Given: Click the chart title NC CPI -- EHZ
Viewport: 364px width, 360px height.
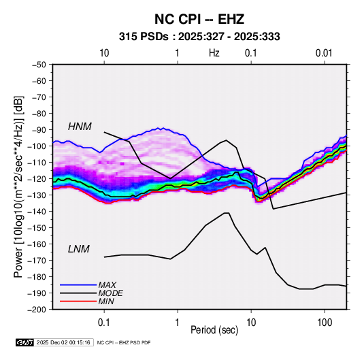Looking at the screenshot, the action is pos(199,19).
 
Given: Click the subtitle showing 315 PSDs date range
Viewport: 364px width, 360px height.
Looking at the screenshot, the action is pos(199,37).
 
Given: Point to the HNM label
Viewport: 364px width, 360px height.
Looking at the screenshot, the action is pos(80,127).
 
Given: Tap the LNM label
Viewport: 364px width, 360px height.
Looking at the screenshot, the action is pos(79,249).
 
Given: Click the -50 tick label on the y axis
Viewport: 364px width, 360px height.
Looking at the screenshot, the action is pos(39,65).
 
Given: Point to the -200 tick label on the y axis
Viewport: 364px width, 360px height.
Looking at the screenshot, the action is pos(37,310).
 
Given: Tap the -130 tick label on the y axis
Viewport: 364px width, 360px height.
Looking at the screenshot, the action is pos(37,195).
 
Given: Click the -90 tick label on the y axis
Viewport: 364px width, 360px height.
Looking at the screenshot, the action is pos(39,129).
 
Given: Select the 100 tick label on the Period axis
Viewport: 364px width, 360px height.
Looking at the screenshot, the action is pos(325,323).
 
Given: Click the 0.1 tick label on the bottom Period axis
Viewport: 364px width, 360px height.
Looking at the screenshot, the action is pos(104,323).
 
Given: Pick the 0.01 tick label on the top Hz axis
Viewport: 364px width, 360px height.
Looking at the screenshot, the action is pos(324,53).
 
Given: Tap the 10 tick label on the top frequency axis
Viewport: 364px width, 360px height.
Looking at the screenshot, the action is pos(104,53).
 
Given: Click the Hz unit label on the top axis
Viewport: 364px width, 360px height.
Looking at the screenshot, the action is pos(214,53).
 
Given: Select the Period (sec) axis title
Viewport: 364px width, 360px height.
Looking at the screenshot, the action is pos(214,330).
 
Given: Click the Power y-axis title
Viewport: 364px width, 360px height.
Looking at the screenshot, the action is pos(18,186).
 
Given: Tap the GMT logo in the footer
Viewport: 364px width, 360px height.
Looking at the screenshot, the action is pos(25,342).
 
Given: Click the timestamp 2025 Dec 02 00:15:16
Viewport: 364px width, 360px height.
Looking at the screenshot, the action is pos(63,342).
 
